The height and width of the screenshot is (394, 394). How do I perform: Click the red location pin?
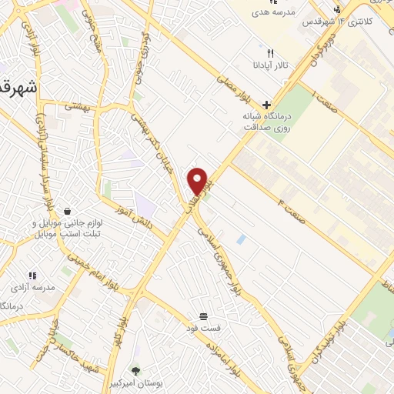[199, 181]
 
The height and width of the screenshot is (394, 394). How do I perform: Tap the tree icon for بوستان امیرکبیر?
[136, 370]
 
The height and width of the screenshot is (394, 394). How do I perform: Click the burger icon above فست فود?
[204, 316]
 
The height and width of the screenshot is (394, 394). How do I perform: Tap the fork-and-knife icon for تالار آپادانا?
[269, 53]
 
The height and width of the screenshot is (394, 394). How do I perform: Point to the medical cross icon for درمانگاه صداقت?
[267, 104]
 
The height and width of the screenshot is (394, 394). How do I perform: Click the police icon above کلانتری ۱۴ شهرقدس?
[337, 10]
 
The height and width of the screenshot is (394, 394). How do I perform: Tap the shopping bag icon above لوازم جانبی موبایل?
[68, 211]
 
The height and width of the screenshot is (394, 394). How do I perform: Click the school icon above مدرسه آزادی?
[32, 275]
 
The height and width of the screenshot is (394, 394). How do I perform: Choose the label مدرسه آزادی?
[32, 287]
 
